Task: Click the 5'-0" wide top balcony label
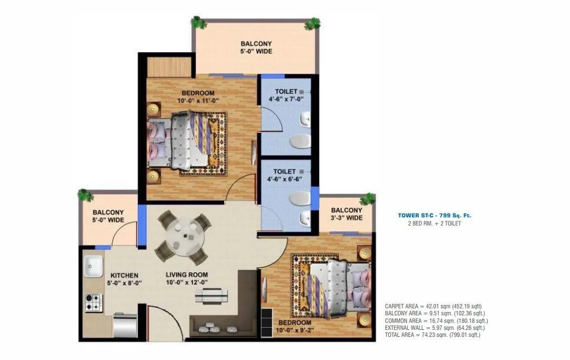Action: click(x=256, y=47)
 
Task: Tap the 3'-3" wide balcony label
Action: click(x=346, y=214)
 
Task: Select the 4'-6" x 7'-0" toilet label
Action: click(x=286, y=95)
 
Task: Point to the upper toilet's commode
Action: click(x=300, y=142)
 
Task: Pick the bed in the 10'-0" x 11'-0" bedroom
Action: click(x=188, y=143)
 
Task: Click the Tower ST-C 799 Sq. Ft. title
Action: click(x=434, y=215)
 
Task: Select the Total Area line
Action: click(x=432, y=335)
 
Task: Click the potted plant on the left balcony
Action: click(x=83, y=194)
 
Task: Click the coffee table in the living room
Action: click(x=207, y=295)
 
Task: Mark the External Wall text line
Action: click(x=434, y=327)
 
